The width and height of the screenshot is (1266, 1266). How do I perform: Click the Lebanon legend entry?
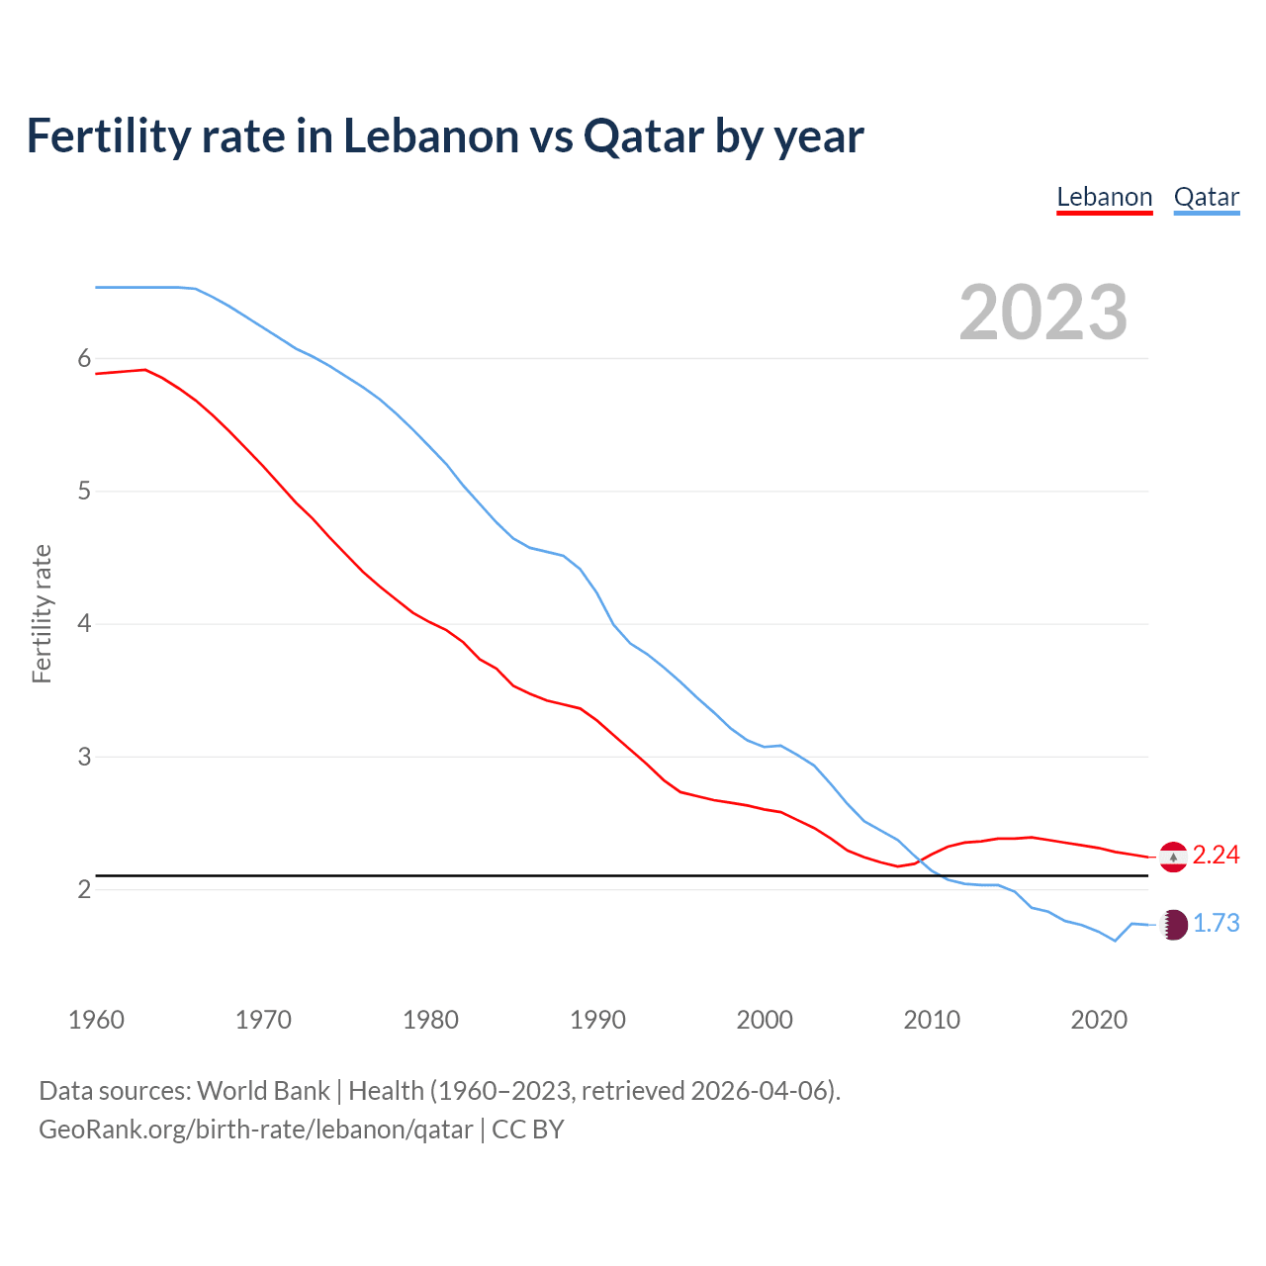pyautogui.click(x=1104, y=197)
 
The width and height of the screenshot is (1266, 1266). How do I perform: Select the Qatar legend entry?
pyautogui.click(x=1206, y=197)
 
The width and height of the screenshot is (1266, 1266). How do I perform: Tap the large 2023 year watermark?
pyautogui.click(x=1042, y=313)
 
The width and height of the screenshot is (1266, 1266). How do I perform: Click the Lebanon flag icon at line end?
pyautogui.click(x=1173, y=856)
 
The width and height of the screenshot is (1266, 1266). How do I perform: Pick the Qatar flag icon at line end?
pyautogui.click(x=1173, y=924)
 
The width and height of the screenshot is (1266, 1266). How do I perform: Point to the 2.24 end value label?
pyautogui.click(x=1216, y=855)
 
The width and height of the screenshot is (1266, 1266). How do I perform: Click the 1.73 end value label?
pyautogui.click(x=1216, y=923)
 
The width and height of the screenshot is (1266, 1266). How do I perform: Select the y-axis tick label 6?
pyautogui.click(x=84, y=358)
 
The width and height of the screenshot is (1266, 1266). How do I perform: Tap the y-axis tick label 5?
pyautogui.click(x=84, y=491)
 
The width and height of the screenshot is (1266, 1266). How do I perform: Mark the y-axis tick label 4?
pyautogui.click(x=84, y=623)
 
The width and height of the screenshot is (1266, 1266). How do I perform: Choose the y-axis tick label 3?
pyautogui.click(x=84, y=757)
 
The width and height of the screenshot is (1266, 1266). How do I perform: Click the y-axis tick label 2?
pyautogui.click(x=84, y=889)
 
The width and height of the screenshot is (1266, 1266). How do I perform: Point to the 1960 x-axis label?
pyautogui.click(x=96, y=1020)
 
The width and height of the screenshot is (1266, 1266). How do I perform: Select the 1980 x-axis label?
pyautogui.click(x=430, y=1020)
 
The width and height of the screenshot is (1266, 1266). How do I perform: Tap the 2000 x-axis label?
pyautogui.click(x=765, y=1020)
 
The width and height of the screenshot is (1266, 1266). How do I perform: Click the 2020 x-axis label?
pyautogui.click(x=1099, y=1020)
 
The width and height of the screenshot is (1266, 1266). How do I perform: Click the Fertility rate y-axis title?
pyautogui.click(x=42, y=613)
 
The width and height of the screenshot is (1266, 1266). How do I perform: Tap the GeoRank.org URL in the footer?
pyautogui.click(x=255, y=1129)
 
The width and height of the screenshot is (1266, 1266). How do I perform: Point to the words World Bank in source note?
pyautogui.click(x=263, y=1090)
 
